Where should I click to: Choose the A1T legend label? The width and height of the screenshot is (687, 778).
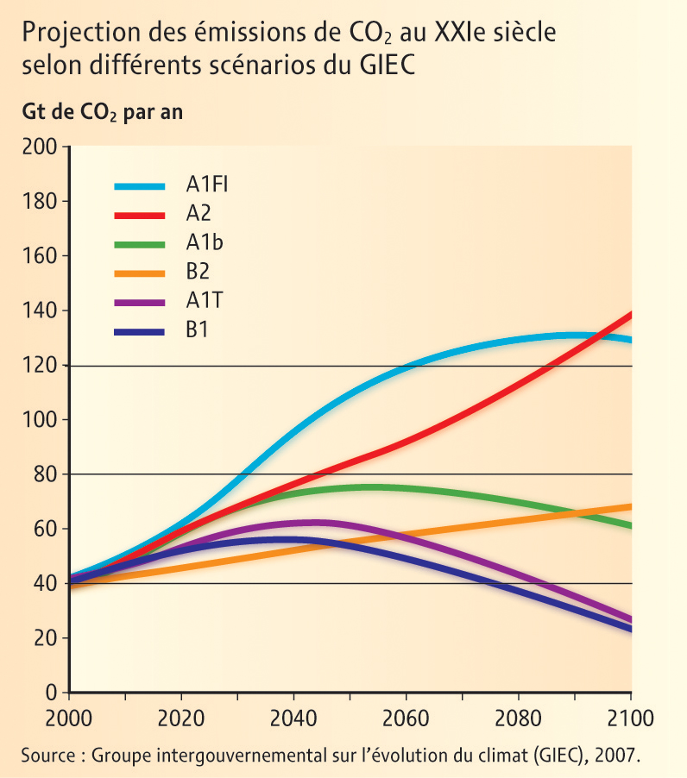[205, 300]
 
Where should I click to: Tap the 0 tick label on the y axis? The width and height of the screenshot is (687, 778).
[52, 693]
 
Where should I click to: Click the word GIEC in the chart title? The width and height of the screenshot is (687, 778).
[385, 66]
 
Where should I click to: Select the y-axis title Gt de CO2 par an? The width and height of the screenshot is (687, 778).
[102, 113]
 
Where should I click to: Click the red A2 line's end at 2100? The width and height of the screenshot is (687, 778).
[630, 315]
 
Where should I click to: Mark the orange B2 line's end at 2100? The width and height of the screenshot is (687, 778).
[630, 506]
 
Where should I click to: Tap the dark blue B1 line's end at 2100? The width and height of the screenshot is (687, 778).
[630, 629]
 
